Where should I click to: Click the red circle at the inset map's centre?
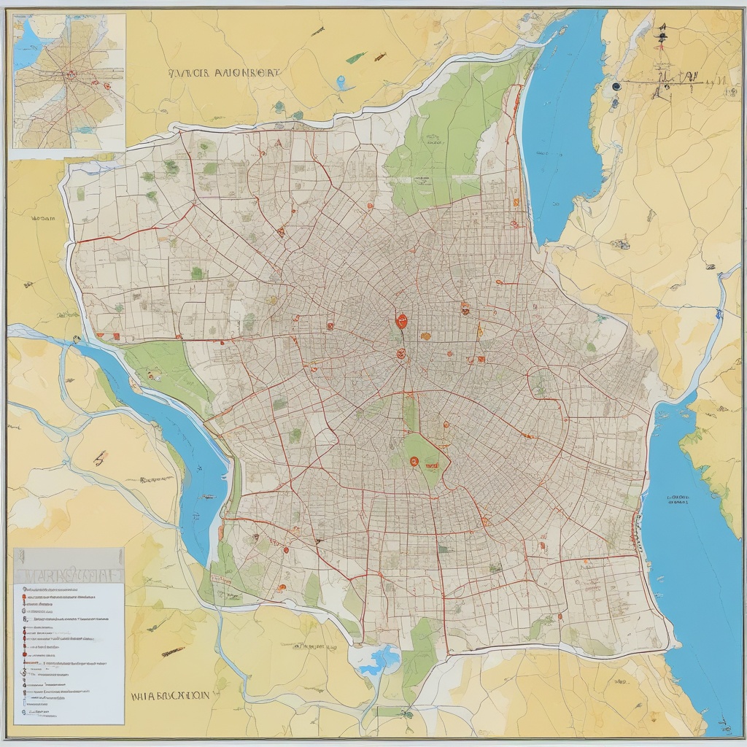pyautogui.click(x=71, y=74)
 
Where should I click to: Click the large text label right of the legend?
pyautogui.click(x=170, y=696)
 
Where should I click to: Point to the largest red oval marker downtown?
pyautogui.click(x=400, y=320)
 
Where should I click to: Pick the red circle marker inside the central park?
pyautogui.click(x=414, y=461)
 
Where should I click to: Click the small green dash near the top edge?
pyautogui.click(x=356, y=58)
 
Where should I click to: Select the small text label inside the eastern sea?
pyautogui.click(x=678, y=500)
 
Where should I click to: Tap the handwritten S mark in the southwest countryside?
pyautogui.click(x=99, y=457)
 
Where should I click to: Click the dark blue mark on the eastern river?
pyautogui.click(x=719, y=314)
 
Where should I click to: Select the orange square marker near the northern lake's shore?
pyautogui.click(x=516, y=202)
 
